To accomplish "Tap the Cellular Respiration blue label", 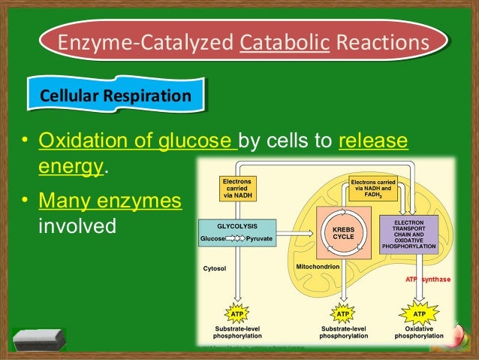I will click(115, 96).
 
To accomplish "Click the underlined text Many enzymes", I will click(110, 201).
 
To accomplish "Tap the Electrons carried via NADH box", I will click(237, 187).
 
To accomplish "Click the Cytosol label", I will click(215, 268).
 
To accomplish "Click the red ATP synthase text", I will click(428, 279).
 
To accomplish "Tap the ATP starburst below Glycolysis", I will click(237, 313).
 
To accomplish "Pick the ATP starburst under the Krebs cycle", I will click(342, 313).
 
